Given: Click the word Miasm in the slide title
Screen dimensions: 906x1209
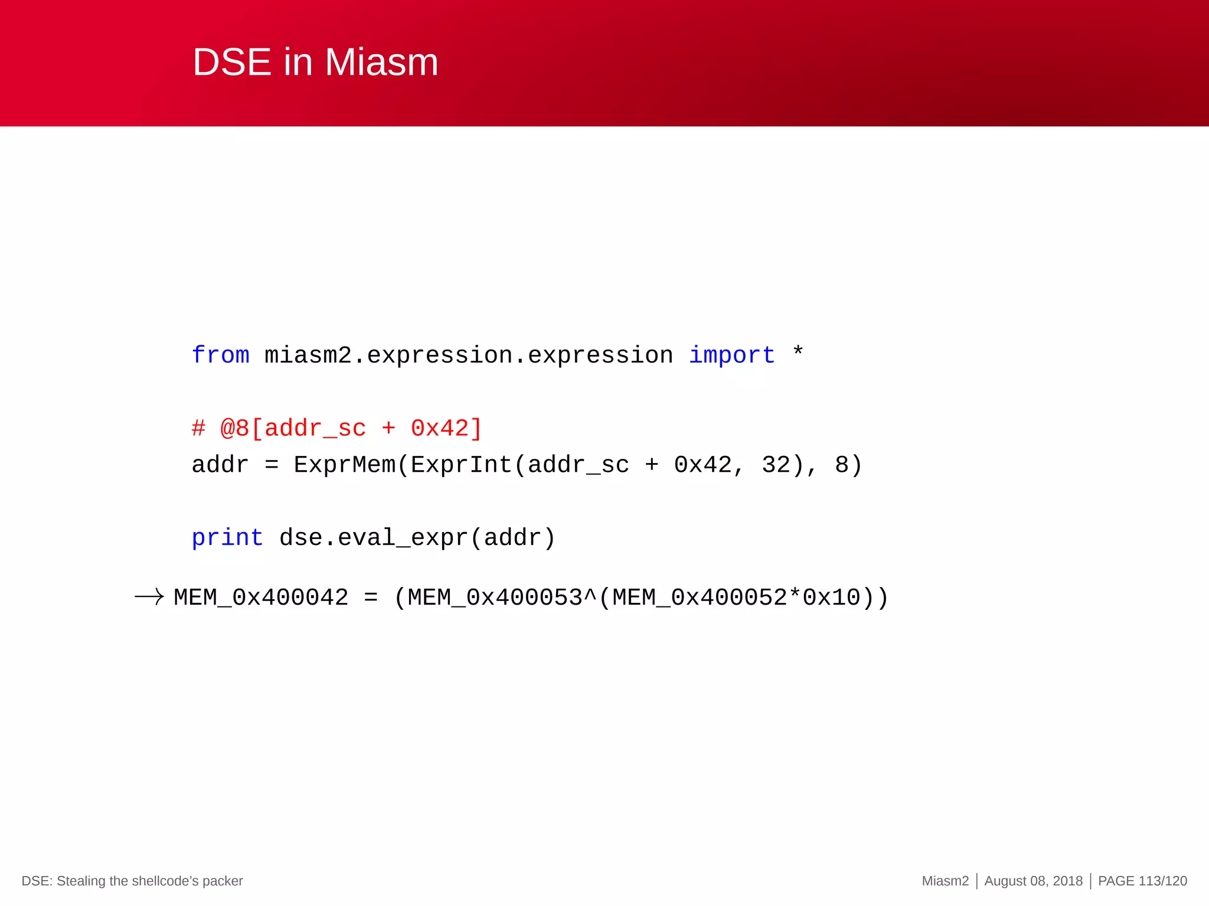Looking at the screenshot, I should (x=381, y=62).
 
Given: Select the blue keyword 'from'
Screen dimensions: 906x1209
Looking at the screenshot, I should (x=220, y=355).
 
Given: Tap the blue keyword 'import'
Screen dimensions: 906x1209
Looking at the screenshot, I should (x=731, y=355).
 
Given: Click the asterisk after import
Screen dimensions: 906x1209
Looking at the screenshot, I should (x=798, y=352).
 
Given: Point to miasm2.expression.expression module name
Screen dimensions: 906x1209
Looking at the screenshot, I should (x=469, y=355).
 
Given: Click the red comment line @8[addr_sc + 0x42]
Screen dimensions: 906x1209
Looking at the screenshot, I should (x=337, y=428).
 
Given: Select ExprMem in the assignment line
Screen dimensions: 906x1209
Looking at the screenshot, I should (x=344, y=465).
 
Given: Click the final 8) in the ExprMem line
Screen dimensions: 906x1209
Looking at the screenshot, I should (x=848, y=465).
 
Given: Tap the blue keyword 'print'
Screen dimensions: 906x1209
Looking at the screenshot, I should (x=227, y=538).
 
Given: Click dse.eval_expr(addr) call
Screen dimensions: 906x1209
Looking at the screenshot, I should (x=417, y=538).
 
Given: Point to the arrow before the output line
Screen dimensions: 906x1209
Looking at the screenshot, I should (x=149, y=597).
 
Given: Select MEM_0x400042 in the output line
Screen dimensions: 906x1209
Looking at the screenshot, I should (x=261, y=598).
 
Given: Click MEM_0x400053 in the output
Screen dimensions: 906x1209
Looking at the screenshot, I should (x=495, y=598).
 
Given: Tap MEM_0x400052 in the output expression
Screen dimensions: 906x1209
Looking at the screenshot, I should (x=700, y=598).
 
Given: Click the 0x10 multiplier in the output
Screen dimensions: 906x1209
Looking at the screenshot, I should (x=831, y=598).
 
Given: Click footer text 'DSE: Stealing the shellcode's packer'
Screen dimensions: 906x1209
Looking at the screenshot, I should (x=132, y=881).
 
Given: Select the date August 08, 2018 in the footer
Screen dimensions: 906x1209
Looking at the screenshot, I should (x=1033, y=881).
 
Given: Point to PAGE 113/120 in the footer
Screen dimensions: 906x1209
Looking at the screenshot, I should (x=1142, y=881).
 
